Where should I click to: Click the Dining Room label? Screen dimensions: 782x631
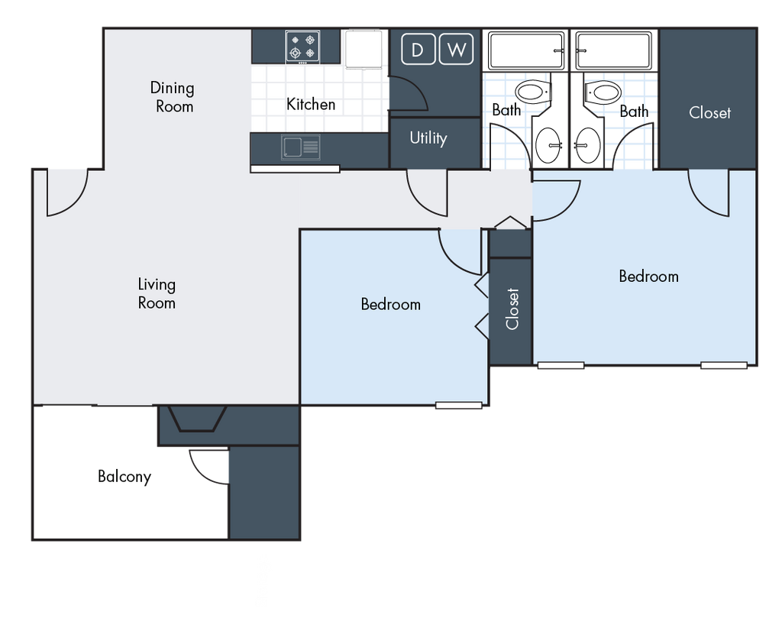172,97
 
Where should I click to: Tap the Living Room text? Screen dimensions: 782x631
157,293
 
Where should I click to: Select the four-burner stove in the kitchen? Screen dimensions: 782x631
302,46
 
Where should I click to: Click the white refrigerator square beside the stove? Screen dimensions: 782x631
364,48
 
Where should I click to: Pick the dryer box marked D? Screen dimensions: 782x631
417,50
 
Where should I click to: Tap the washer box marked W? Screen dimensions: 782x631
456,50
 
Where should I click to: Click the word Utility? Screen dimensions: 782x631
428,138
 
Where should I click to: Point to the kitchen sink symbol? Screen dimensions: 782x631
301,148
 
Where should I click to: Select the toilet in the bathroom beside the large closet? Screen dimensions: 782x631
604,94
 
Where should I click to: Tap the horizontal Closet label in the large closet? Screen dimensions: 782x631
709,112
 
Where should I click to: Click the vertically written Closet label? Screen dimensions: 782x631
512,308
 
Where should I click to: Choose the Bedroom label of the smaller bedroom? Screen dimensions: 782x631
390,304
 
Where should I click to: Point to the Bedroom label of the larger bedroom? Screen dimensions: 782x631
648,276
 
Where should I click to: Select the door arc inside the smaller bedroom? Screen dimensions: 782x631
460,252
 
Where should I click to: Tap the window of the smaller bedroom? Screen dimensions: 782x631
458,405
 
